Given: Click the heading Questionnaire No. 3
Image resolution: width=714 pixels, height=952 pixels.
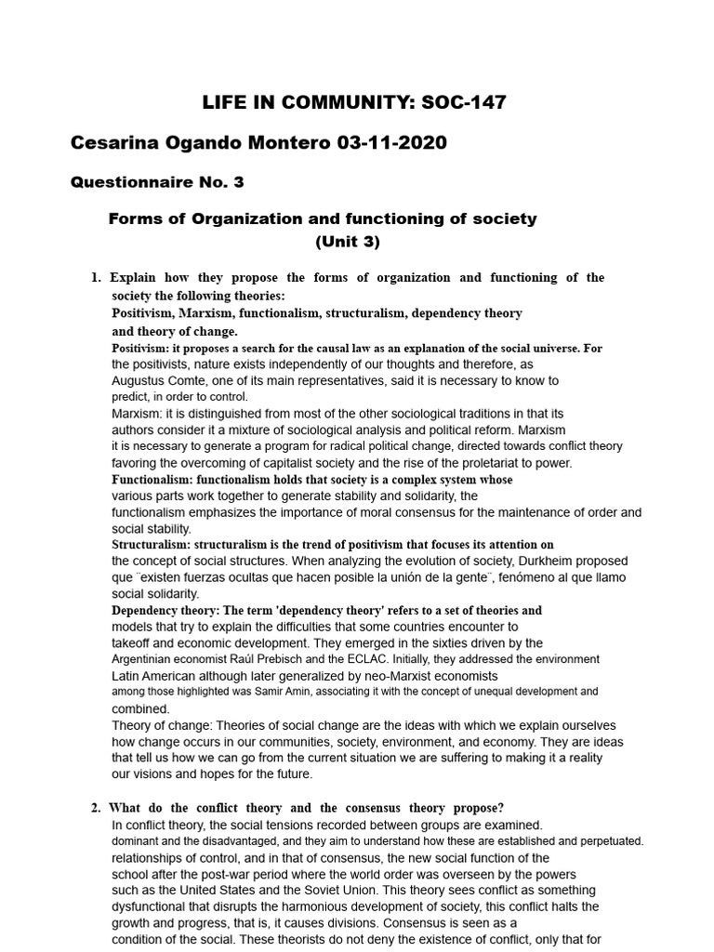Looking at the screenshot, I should pos(157,182).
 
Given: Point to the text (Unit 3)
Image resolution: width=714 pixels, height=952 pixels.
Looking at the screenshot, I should pos(348,242).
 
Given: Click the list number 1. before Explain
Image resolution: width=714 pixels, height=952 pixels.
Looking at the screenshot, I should pos(95,278).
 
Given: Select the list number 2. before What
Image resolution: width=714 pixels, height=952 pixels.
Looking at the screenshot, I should pos(95,808).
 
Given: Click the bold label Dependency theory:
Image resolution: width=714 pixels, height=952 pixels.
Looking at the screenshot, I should pos(166,611).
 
